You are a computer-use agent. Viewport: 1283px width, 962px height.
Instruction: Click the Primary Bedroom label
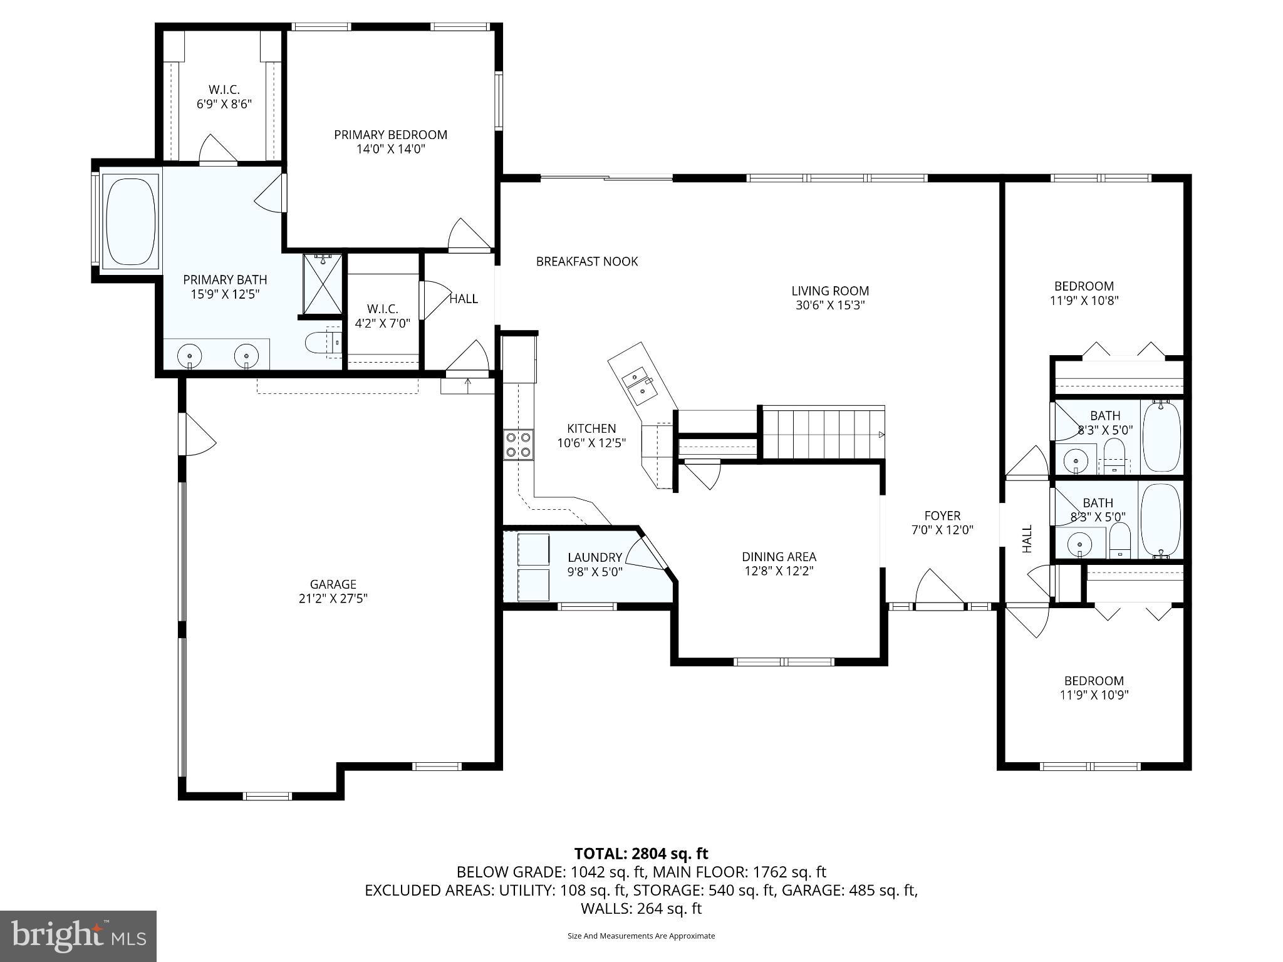click(390, 135)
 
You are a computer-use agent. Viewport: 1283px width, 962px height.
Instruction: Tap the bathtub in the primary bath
click(131, 221)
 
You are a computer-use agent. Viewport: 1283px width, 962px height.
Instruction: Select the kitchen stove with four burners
click(518, 444)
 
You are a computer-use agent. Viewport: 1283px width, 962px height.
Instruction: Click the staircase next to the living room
click(823, 433)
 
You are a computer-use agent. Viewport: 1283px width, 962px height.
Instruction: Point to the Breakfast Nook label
click(586, 262)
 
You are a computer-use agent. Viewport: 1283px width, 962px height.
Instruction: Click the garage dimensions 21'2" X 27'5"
click(333, 598)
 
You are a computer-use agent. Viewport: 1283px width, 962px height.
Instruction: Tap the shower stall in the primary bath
click(323, 283)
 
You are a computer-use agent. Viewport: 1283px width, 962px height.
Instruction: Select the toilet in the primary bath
click(321, 343)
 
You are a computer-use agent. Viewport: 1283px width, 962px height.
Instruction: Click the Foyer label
click(942, 516)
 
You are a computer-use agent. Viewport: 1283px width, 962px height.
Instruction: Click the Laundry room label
click(595, 557)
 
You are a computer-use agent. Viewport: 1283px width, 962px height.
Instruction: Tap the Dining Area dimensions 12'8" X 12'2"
click(779, 571)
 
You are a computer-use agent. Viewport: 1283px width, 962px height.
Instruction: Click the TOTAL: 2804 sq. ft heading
click(641, 854)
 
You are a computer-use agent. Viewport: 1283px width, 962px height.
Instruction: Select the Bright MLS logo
click(78, 936)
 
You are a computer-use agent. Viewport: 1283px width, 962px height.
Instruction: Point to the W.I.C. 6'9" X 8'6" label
click(224, 97)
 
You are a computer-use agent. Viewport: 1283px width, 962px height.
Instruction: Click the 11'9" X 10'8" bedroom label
click(1084, 301)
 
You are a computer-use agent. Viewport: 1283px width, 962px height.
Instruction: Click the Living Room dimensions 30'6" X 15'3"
click(829, 306)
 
